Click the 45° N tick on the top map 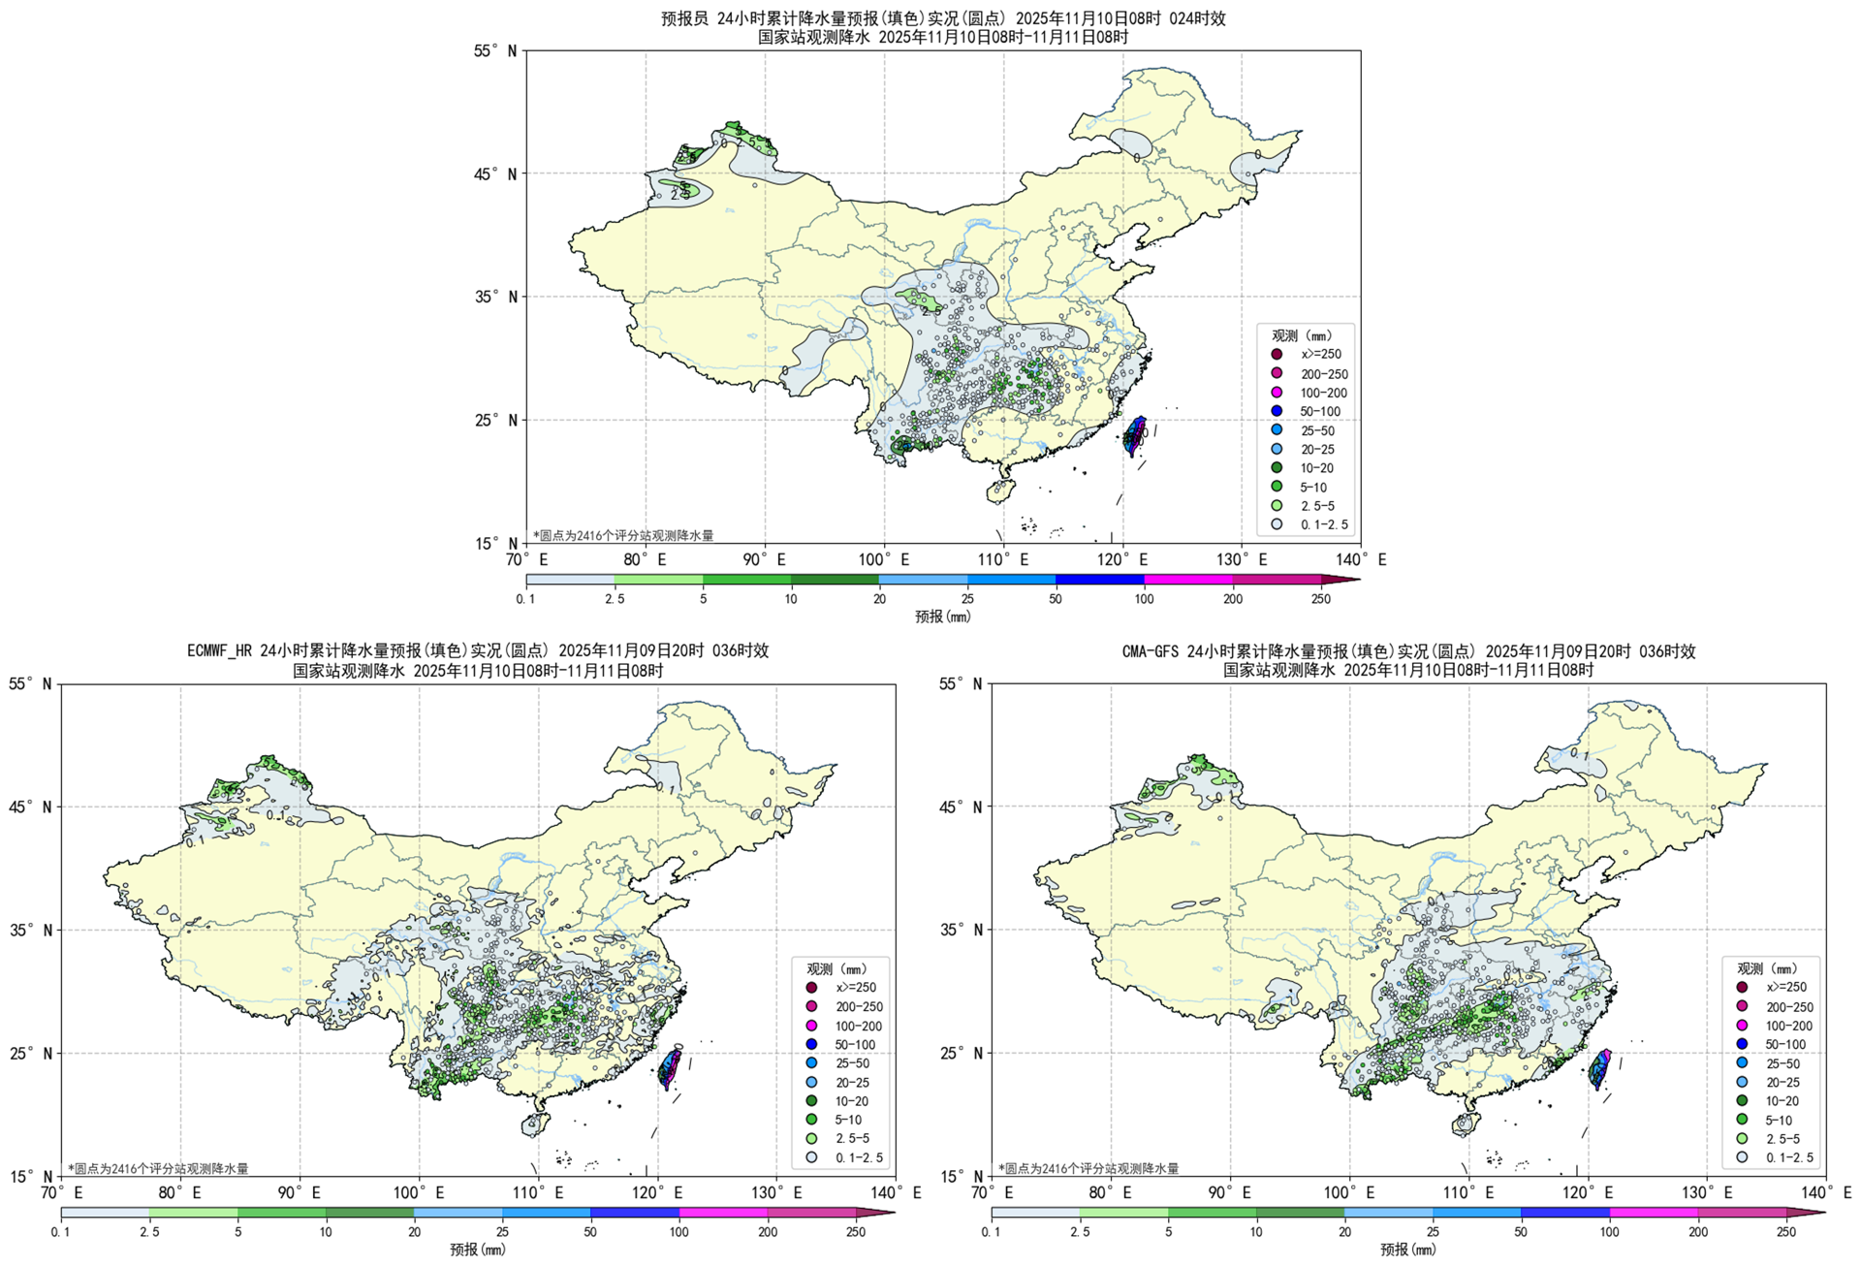point(498,174)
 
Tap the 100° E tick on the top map point(884,559)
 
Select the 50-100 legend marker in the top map point(1277,411)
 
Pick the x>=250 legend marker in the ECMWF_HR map point(811,988)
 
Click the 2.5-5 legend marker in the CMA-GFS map point(1742,1139)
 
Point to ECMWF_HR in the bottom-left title point(221,650)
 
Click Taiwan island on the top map point(1134,436)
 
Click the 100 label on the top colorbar point(1144,599)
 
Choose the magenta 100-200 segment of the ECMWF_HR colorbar point(723,1213)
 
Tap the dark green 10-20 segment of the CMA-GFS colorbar point(1300,1213)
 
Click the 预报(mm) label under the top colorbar point(942,617)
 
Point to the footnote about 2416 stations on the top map point(623,535)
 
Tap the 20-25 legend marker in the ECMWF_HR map point(811,1082)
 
